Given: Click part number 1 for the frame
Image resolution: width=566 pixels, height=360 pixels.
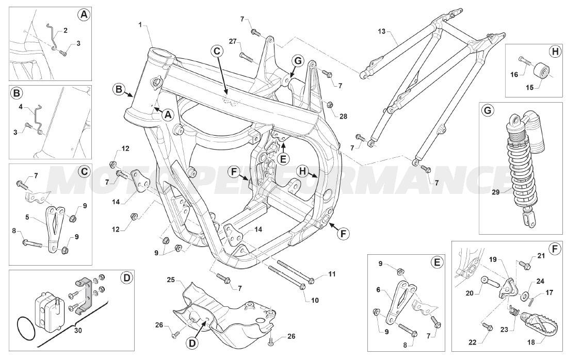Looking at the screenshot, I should point(140,25).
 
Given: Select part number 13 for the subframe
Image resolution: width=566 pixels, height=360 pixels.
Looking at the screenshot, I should point(381,32).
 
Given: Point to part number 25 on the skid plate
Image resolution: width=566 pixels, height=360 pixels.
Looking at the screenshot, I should point(171,280).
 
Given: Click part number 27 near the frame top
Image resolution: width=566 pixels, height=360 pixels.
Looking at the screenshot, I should point(232,41).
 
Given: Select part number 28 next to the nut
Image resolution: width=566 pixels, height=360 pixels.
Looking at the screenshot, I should point(344,117).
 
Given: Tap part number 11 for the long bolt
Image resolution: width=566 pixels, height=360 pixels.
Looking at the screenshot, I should point(332,273).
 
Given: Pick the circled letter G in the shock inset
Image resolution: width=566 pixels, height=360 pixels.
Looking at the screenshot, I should point(486,110).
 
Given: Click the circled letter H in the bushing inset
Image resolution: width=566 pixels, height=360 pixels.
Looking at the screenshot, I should point(554,51).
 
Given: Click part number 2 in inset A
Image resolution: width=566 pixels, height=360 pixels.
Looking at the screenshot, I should point(66,30).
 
